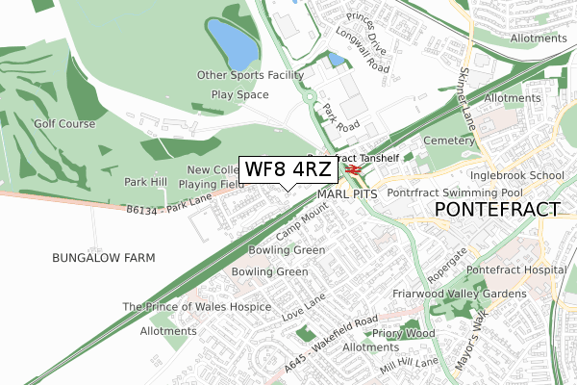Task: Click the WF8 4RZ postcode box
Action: pyautogui.click(x=288, y=170)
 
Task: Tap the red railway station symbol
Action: pyautogui.click(x=353, y=170)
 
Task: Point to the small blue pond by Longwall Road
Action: pyautogui.click(x=336, y=60)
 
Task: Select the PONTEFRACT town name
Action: pyautogui.click(x=497, y=209)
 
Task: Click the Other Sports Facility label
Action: pyautogui.click(x=250, y=75)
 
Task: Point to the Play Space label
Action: pyautogui.click(x=240, y=96)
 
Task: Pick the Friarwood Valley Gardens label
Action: pyautogui.click(x=459, y=293)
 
